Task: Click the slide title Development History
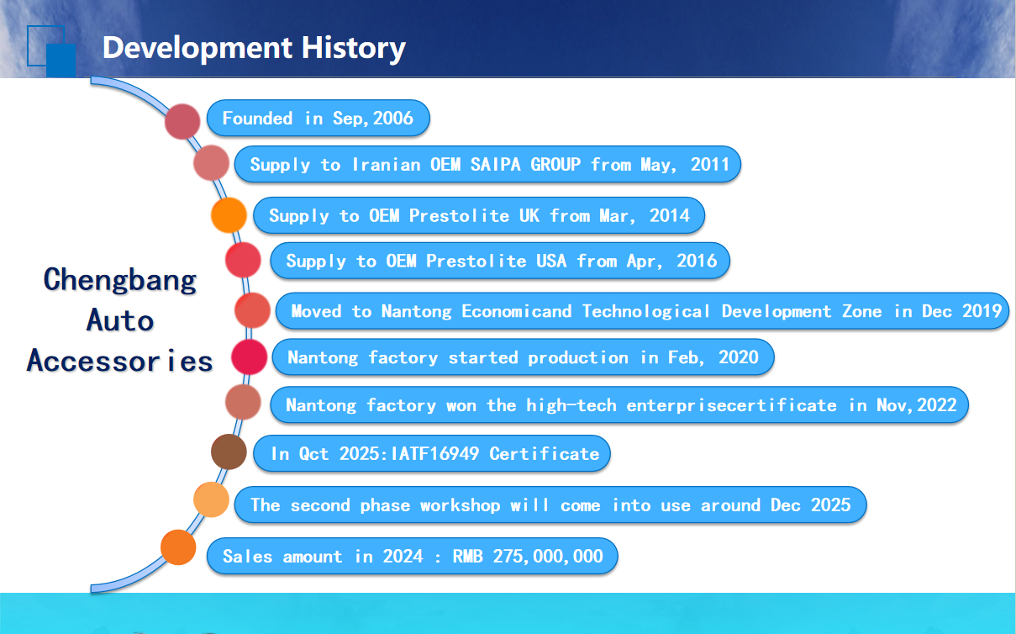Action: pos(254,48)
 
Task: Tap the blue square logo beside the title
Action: pos(51,50)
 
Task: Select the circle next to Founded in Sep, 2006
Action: pos(182,121)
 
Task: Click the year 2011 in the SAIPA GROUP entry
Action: pos(710,164)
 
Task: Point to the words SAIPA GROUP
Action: pos(525,164)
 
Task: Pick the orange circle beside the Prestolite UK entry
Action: pos(229,215)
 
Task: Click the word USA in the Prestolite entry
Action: pos(551,261)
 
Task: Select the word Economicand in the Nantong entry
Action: pos(517,311)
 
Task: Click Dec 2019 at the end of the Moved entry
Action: pos(961,311)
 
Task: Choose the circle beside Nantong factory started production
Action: pos(249,357)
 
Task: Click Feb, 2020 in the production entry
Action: pos(713,357)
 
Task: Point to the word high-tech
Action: pos(571,404)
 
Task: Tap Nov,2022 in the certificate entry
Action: pos(917,404)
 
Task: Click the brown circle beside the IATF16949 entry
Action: pos(229,452)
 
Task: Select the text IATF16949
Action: pos(434,454)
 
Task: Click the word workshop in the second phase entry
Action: pos(461,505)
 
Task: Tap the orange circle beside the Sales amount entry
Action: pos(178,547)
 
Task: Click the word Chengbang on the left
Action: pos(119,281)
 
